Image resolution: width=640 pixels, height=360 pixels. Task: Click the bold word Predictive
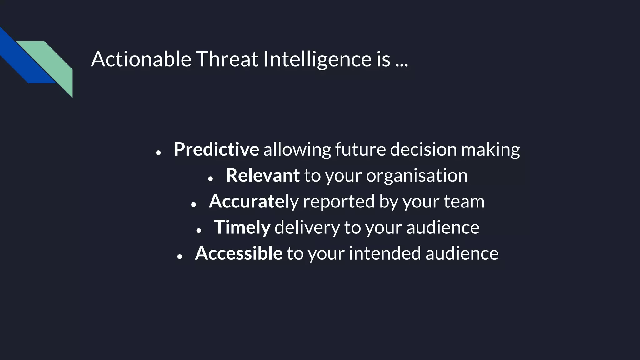click(x=216, y=149)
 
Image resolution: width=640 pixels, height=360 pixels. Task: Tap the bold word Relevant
click(x=262, y=175)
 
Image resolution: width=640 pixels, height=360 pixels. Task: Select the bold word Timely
click(x=242, y=227)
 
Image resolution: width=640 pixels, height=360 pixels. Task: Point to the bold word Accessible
click(x=239, y=253)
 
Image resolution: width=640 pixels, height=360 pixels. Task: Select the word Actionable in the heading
click(x=141, y=59)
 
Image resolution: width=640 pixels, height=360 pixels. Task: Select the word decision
click(x=423, y=149)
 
